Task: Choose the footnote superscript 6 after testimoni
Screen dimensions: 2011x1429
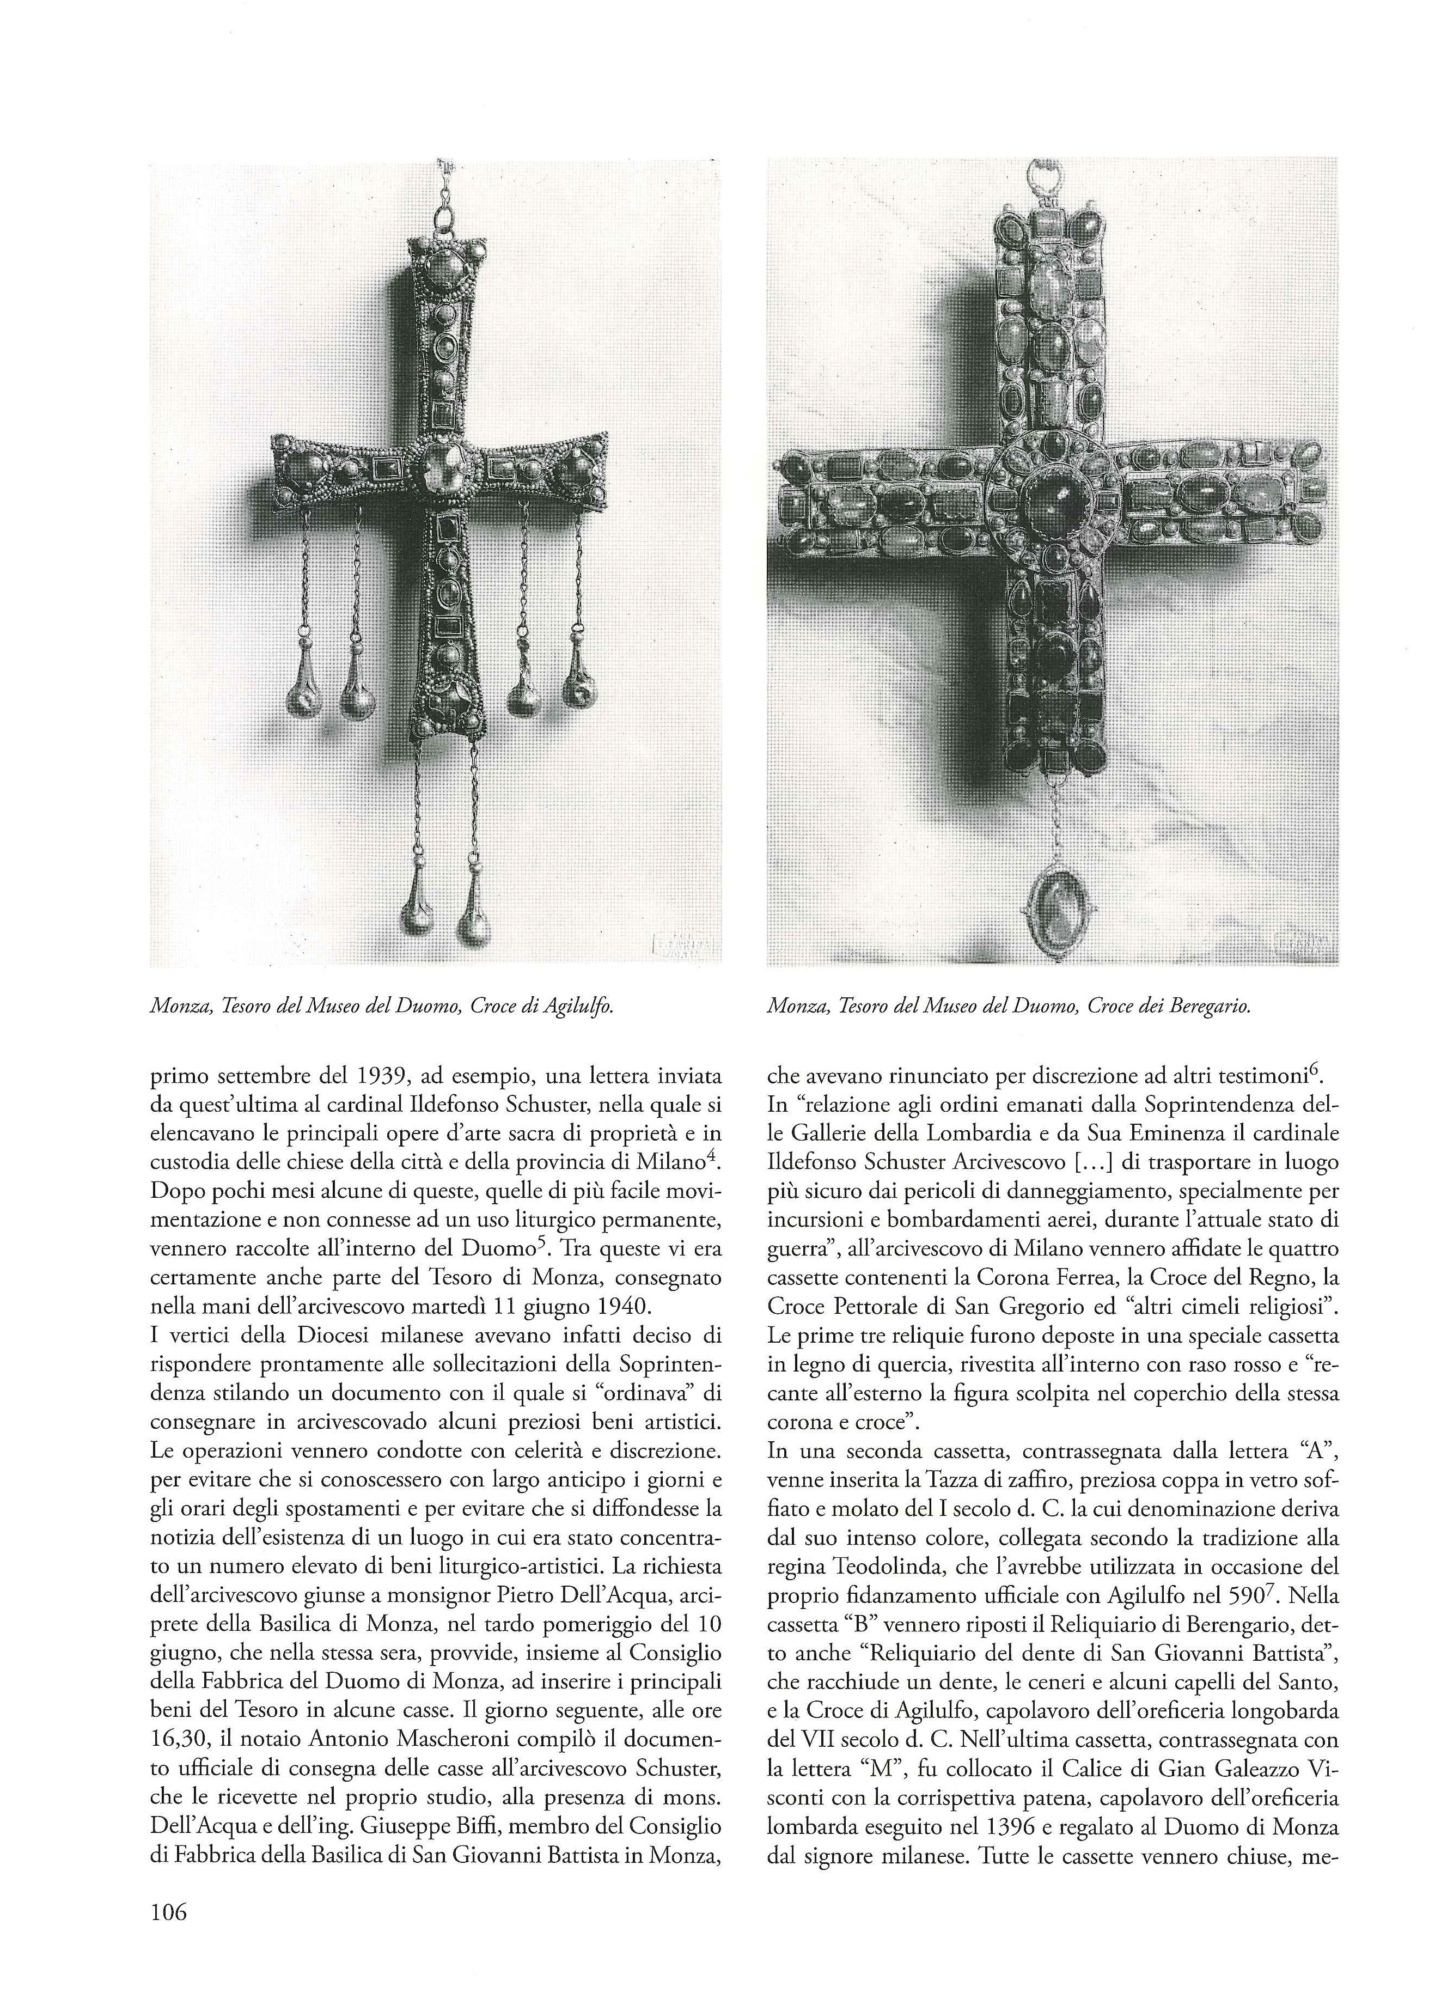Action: [1332, 1069]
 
